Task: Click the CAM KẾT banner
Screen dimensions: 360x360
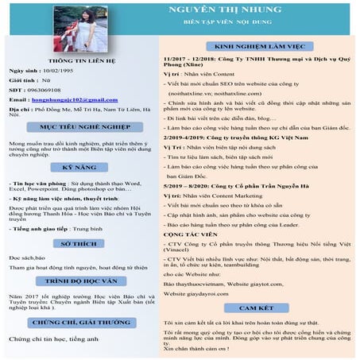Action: coord(256,307)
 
